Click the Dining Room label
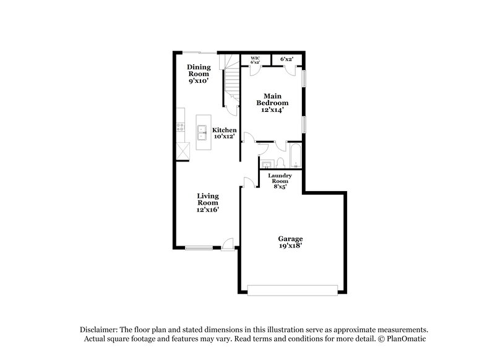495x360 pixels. [x=199, y=71]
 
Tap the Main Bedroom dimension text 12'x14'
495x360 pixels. [x=273, y=109]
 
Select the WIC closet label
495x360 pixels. [x=255, y=59]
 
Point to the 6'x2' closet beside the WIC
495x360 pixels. [x=286, y=59]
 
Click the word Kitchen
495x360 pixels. [x=224, y=130]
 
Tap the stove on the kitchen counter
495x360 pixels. [x=179, y=127]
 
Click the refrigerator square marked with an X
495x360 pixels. [x=181, y=151]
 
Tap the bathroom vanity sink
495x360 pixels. [x=266, y=163]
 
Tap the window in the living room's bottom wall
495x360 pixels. [x=199, y=249]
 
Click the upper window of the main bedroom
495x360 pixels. [x=303, y=77]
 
